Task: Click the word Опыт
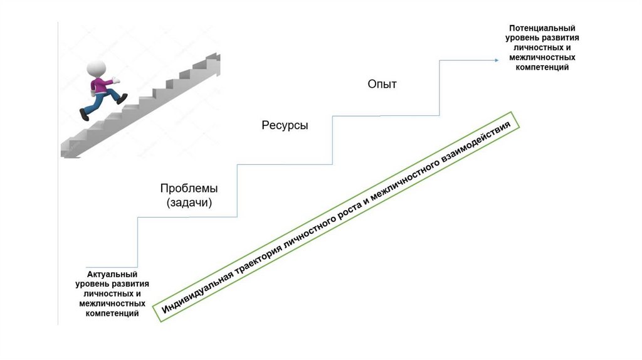[x=382, y=84]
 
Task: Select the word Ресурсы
[x=285, y=125]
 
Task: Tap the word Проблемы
[x=189, y=188]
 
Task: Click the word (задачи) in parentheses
[x=189, y=203]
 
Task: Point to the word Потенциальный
[x=542, y=28]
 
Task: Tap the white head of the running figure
[x=96, y=68]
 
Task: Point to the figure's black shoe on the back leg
[x=85, y=114]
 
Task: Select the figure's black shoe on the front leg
[x=122, y=98]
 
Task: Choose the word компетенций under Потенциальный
[x=542, y=67]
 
